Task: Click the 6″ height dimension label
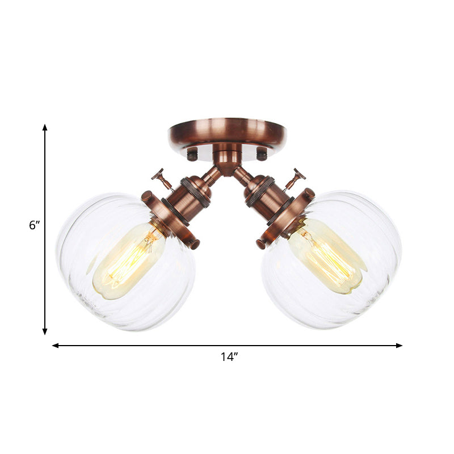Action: [x=35, y=225]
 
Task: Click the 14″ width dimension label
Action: [x=229, y=357]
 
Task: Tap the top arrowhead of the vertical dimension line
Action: [x=45, y=128]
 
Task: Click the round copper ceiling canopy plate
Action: [x=227, y=132]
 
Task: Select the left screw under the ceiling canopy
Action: [x=193, y=153]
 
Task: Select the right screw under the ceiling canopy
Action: [x=262, y=153]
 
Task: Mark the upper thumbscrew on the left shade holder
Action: [x=148, y=197]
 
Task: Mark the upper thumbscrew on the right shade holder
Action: [x=308, y=194]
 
